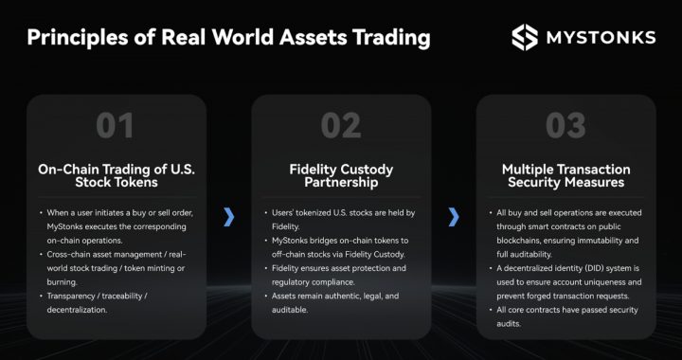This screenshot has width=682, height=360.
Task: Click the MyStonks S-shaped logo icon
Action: click(525, 37)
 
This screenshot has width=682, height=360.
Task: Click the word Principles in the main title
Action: click(72, 38)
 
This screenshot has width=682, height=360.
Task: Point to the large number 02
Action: click(339, 125)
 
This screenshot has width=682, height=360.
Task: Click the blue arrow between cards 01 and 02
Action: click(228, 217)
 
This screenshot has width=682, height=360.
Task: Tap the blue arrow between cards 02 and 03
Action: click(454, 217)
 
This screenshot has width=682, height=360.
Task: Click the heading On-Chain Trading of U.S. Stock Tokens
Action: click(115, 176)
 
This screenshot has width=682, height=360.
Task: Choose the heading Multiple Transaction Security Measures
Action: click(565, 176)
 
